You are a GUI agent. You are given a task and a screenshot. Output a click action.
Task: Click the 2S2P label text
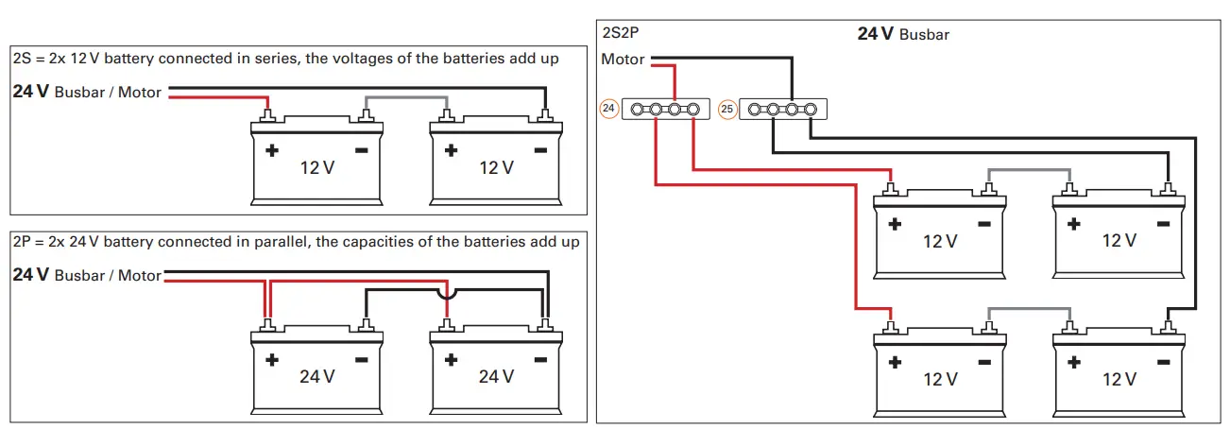621,34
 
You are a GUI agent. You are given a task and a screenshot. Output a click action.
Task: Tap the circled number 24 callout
609,110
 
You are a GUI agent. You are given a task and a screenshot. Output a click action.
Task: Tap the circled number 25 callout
726,110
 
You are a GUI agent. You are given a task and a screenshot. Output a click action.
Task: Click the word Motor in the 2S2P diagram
623,60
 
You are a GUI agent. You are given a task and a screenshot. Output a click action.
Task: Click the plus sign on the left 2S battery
271,150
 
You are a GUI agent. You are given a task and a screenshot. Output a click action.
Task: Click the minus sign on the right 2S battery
540,150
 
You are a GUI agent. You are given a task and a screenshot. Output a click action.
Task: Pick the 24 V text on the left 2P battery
317,376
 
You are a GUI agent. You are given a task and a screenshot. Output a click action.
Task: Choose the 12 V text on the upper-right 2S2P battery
1119,241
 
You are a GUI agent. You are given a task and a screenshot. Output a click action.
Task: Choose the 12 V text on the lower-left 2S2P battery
940,379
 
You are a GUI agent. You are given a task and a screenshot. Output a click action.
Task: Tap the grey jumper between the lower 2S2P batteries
1030,309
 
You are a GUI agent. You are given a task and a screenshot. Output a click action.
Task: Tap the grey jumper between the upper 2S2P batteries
1030,171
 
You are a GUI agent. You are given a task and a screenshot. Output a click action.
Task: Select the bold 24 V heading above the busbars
875,34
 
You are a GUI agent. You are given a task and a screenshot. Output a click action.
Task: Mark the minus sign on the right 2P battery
540,360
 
